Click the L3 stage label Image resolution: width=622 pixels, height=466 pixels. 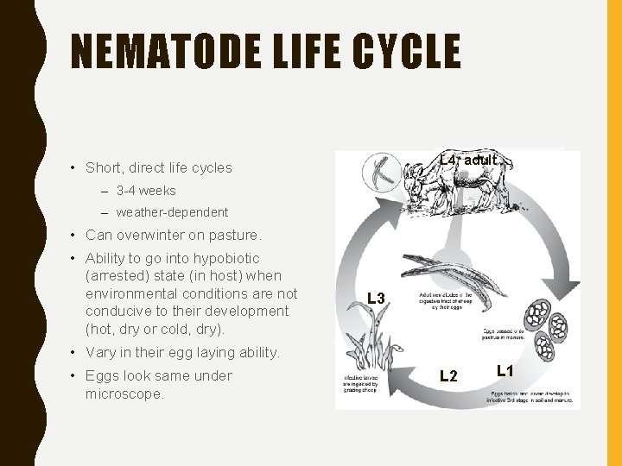pyautogui.click(x=376, y=299)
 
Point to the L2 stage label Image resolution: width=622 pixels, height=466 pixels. pyautogui.click(x=448, y=375)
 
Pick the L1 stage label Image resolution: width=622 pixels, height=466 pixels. pyautogui.click(x=505, y=371)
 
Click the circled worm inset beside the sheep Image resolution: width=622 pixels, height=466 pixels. pyautogui.click(x=380, y=173)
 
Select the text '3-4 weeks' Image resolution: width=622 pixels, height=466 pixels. pyautogui.click(x=145, y=191)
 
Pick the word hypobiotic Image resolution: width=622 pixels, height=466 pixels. pyautogui.click(x=219, y=258)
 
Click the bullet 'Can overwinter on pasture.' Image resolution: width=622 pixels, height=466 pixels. pyautogui.click(x=174, y=235)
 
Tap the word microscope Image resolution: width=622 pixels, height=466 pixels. pyautogui.click(x=124, y=394)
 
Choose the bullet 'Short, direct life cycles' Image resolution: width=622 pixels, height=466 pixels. pyautogui.click(x=159, y=168)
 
